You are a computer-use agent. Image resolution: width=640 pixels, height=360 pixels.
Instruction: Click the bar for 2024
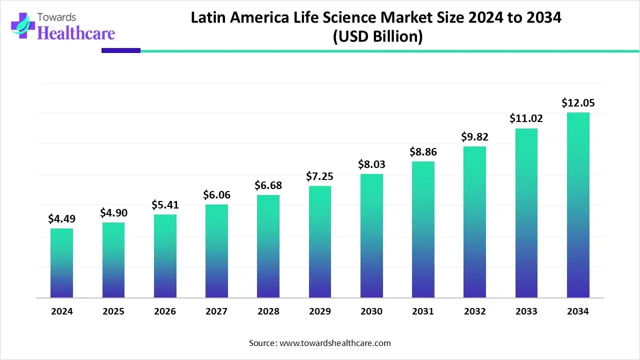pos(61,263)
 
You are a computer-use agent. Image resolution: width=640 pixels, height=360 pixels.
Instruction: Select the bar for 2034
pos(578,205)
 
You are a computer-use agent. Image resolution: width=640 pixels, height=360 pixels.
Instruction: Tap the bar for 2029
pos(320,242)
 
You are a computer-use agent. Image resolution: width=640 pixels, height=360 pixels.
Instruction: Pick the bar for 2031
pos(423,229)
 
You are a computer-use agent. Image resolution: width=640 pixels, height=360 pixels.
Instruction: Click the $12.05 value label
pos(578,103)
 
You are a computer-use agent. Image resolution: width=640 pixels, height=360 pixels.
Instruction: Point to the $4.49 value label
pos(61,218)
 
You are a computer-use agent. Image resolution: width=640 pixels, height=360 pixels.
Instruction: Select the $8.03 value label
pos(371,164)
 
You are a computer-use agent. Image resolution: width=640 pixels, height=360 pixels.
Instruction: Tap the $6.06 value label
pos(216,195)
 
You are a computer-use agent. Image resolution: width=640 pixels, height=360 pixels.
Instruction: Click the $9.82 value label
pos(474,136)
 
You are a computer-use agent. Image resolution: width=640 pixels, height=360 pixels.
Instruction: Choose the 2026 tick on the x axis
pos(165,311)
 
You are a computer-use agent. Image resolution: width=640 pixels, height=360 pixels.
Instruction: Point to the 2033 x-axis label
pos(526,311)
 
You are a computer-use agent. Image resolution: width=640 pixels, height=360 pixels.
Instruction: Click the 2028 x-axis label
pos(268,311)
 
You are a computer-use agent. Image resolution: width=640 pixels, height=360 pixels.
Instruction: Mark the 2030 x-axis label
pos(371,311)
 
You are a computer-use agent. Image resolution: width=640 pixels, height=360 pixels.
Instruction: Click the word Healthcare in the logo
pos(76,33)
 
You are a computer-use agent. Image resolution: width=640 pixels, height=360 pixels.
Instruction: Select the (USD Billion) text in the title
pos(377,36)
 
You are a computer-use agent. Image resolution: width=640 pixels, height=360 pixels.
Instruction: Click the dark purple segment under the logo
pos(121,50)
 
